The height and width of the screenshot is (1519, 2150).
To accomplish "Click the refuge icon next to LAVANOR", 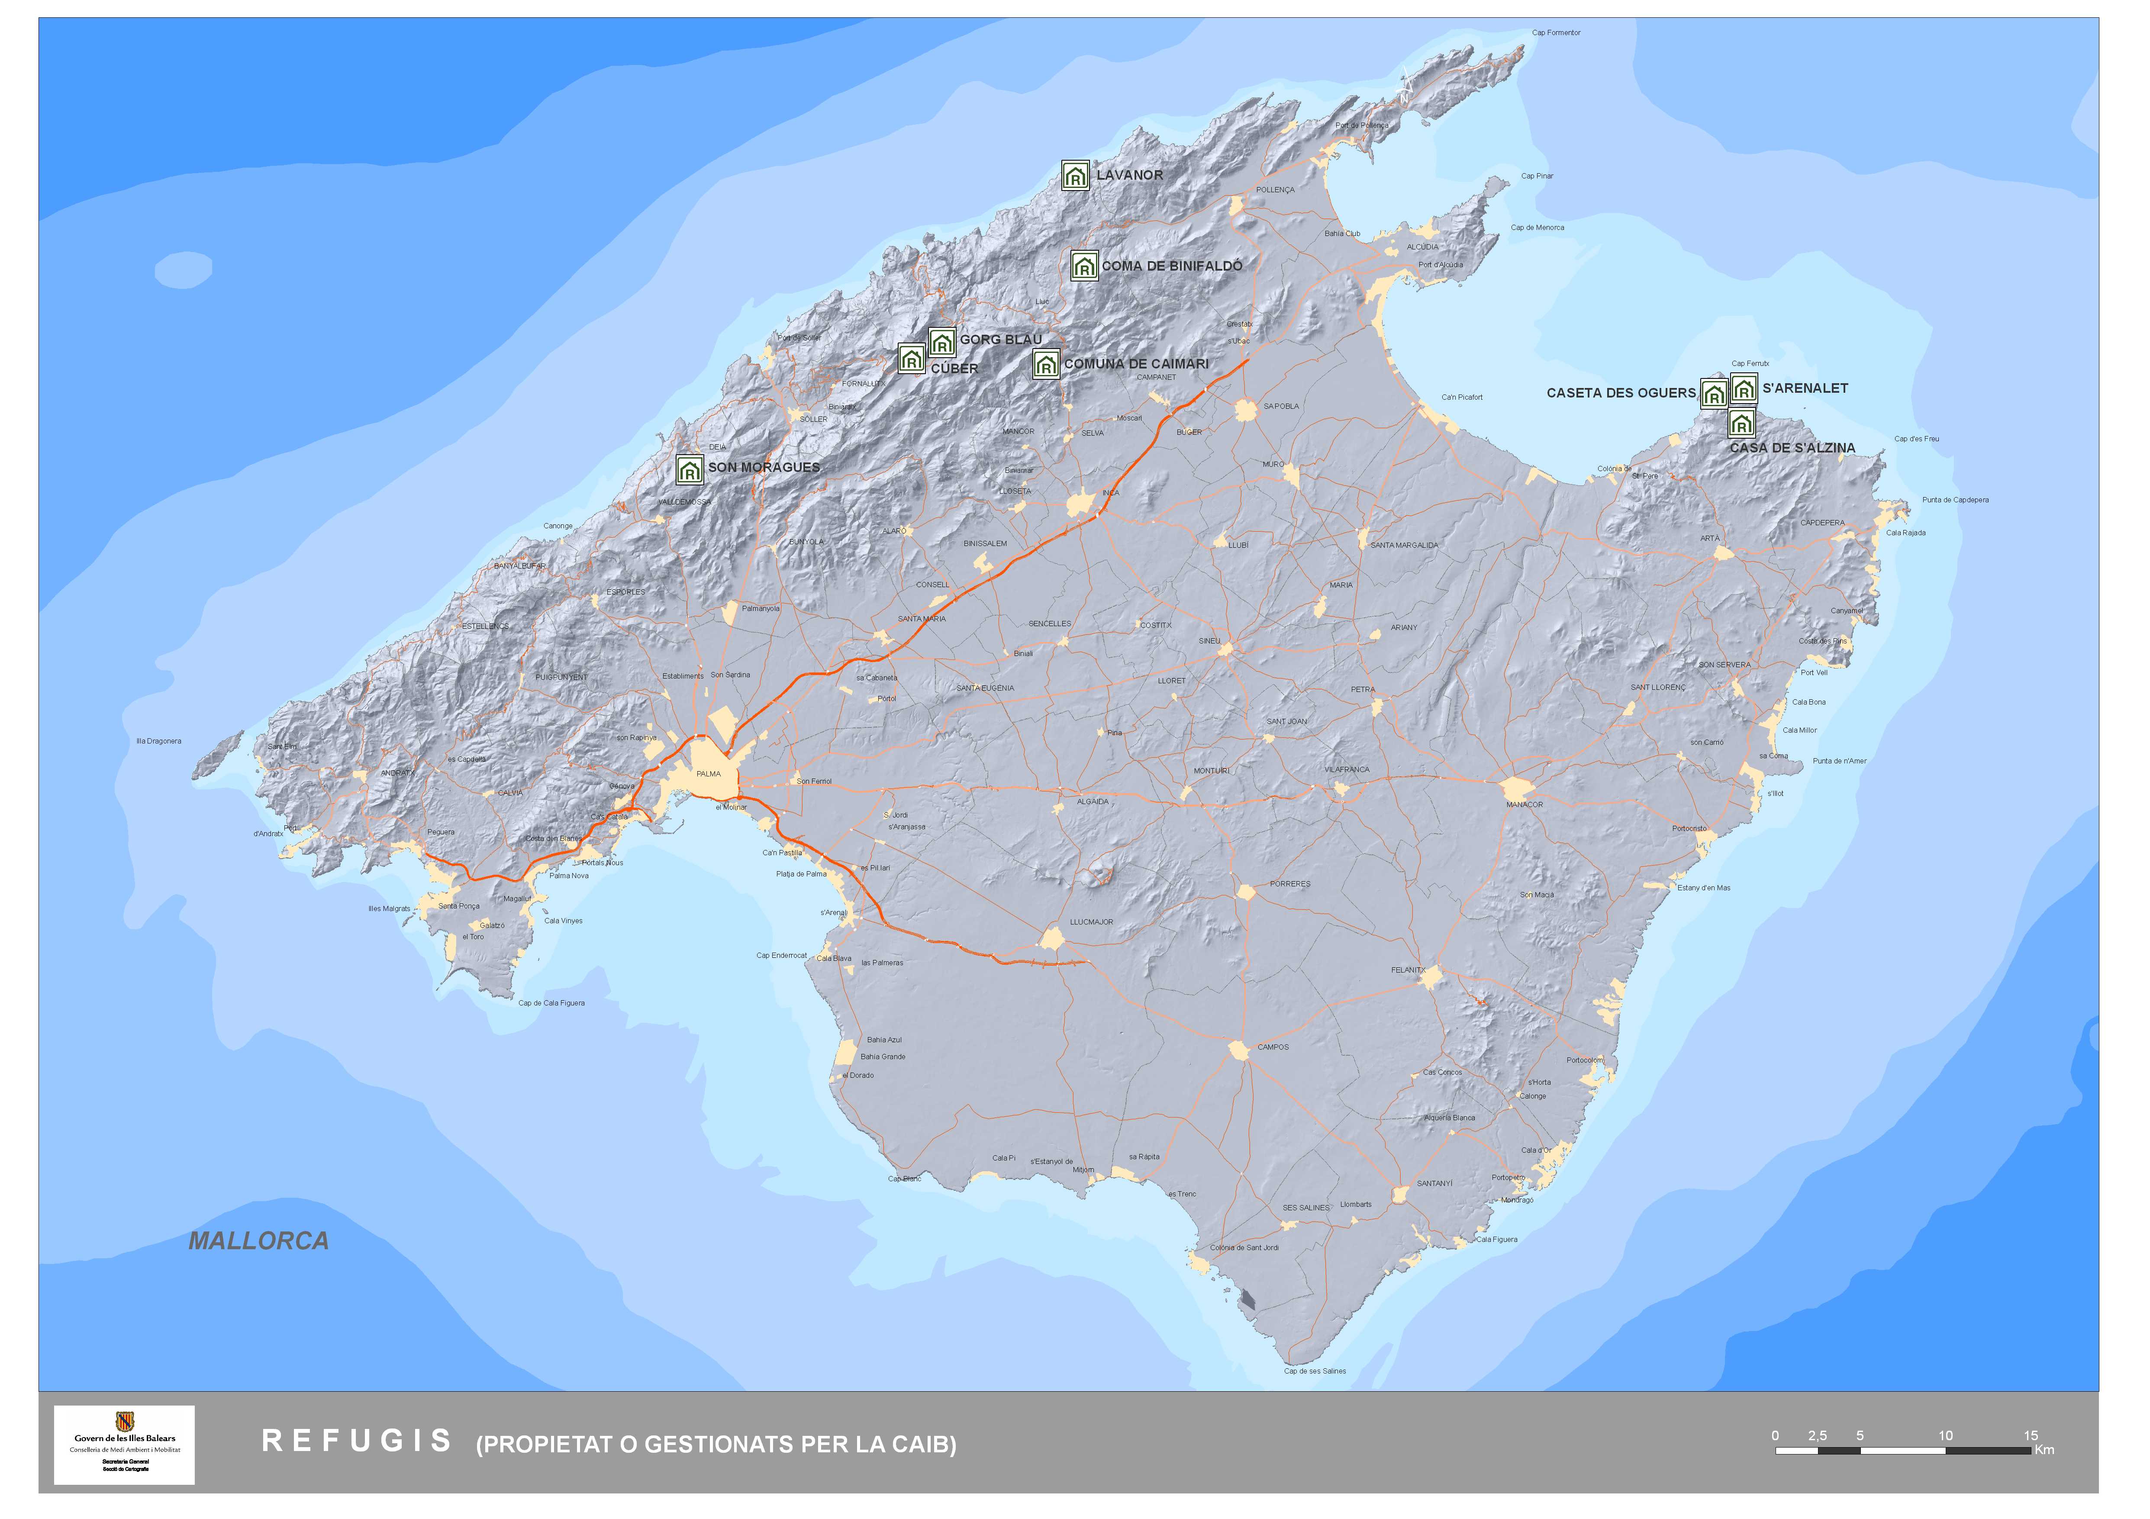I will pyautogui.click(x=1075, y=175).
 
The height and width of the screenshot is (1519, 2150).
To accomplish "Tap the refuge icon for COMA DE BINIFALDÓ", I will pyautogui.click(x=1083, y=266).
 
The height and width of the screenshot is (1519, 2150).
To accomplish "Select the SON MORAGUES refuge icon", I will pyautogui.click(x=689, y=469).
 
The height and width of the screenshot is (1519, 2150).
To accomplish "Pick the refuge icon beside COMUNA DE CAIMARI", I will pyautogui.click(x=1045, y=364).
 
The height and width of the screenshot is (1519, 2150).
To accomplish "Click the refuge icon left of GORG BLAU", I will pyautogui.click(x=942, y=342).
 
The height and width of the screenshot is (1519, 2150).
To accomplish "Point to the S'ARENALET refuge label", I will pyautogui.click(x=1805, y=388).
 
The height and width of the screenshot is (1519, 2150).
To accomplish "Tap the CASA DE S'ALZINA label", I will pyautogui.click(x=1791, y=448).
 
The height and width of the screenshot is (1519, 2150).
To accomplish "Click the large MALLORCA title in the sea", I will pyautogui.click(x=258, y=1241).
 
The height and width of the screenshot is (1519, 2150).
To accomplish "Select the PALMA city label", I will pyautogui.click(x=709, y=773).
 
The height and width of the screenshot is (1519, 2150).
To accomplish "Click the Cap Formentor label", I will pyautogui.click(x=1555, y=33).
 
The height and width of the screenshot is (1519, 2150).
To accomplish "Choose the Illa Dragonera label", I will pyautogui.click(x=159, y=741).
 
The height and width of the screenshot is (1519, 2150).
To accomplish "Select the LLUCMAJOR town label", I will pyautogui.click(x=1091, y=921).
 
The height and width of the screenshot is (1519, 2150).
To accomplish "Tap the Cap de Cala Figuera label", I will pyautogui.click(x=551, y=1003).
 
